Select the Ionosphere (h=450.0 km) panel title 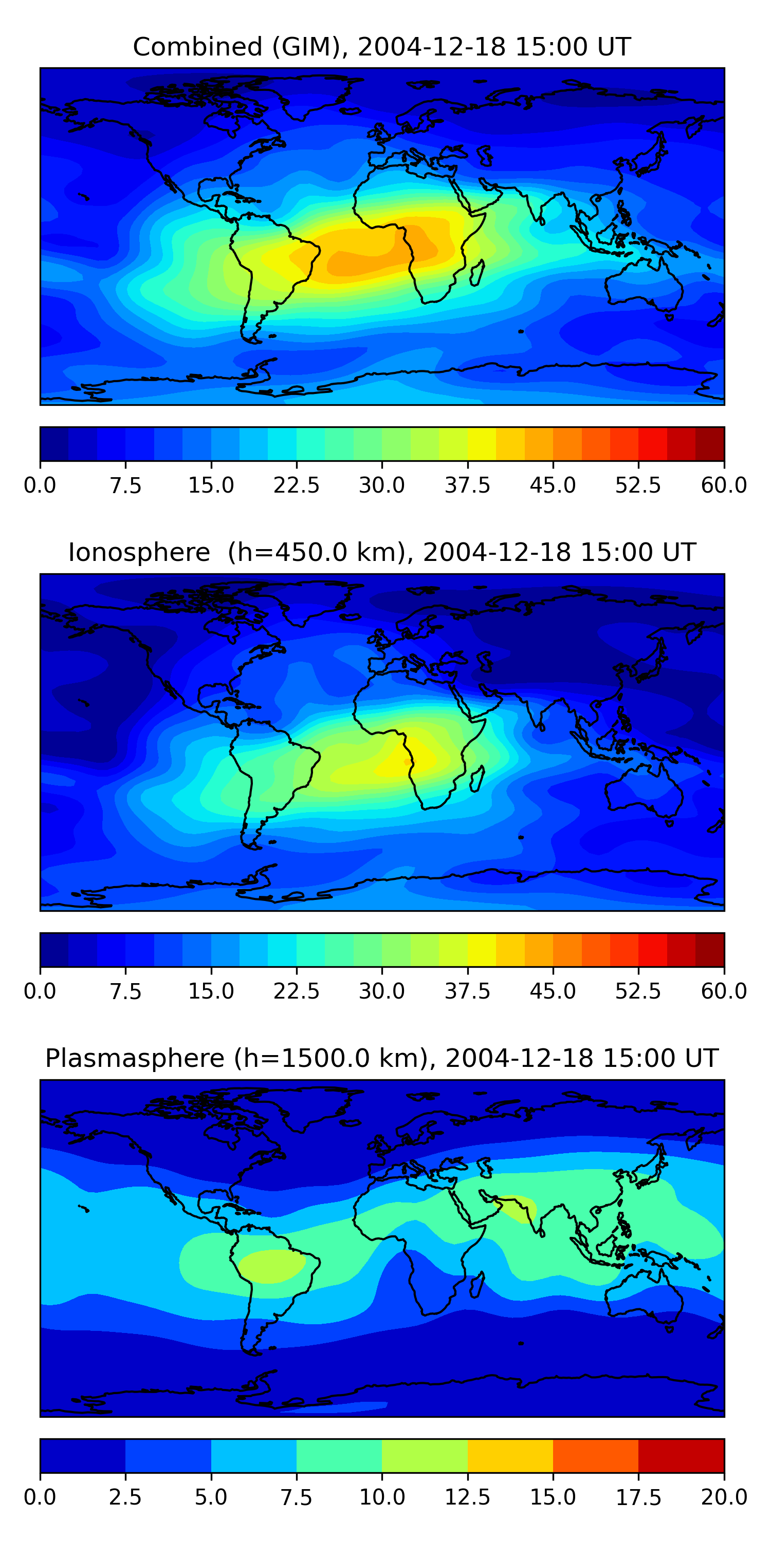(x=381, y=552)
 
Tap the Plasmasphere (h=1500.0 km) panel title (x=381, y=1058)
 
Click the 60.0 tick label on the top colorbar (x=724, y=484)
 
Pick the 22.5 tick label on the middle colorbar (x=296, y=991)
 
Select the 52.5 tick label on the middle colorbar (x=638, y=991)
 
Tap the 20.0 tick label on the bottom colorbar (x=724, y=1497)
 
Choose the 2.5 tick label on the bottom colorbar (x=125, y=1497)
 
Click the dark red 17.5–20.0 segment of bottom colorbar (x=681, y=1455)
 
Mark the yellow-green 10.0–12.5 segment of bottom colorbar (x=425, y=1455)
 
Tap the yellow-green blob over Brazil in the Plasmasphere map (x=272, y=1265)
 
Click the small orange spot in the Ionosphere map (x=407, y=762)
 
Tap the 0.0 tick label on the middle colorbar (x=40, y=991)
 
